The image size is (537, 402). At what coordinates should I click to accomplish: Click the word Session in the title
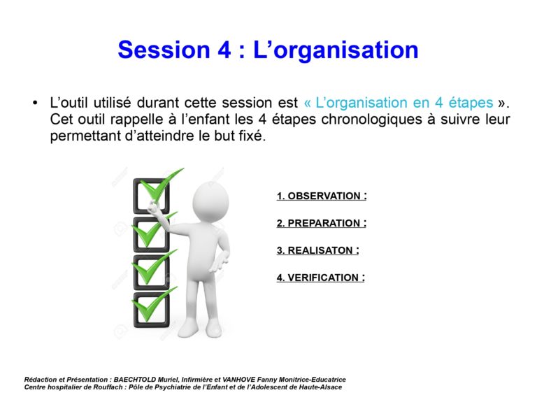pyautogui.click(x=164, y=50)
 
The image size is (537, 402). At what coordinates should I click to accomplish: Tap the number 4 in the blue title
pyautogui.click(x=224, y=50)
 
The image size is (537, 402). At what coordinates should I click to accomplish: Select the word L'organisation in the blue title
pyautogui.click(x=336, y=50)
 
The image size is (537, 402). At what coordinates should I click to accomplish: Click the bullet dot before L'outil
pyautogui.click(x=35, y=103)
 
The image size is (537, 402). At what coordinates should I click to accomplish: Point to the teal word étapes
pyautogui.click(x=471, y=103)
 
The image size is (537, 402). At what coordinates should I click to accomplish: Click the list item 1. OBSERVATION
pyautogui.click(x=322, y=196)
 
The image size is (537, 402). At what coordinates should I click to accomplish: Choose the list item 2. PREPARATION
pyautogui.click(x=322, y=223)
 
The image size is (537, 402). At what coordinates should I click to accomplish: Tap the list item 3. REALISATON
pyautogui.click(x=318, y=250)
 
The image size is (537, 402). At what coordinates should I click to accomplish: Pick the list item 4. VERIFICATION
pyautogui.click(x=321, y=278)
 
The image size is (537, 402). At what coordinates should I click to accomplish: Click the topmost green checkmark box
pyautogui.click(x=151, y=196)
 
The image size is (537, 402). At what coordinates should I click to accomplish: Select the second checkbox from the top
pyautogui.click(x=151, y=234)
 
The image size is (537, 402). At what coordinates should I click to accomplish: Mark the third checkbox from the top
pyautogui.click(x=151, y=272)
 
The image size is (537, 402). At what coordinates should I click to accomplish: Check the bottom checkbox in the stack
pyautogui.click(x=151, y=310)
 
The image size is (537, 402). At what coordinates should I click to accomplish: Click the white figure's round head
pyautogui.click(x=210, y=201)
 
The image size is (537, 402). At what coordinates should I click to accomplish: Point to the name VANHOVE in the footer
pyautogui.click(x=238, y=380)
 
